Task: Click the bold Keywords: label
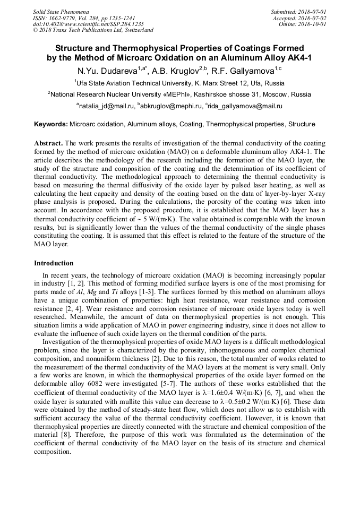(51, 124)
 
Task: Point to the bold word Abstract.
(48, 143)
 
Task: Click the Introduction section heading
(54, 263)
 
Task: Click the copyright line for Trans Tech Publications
(93, 30)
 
